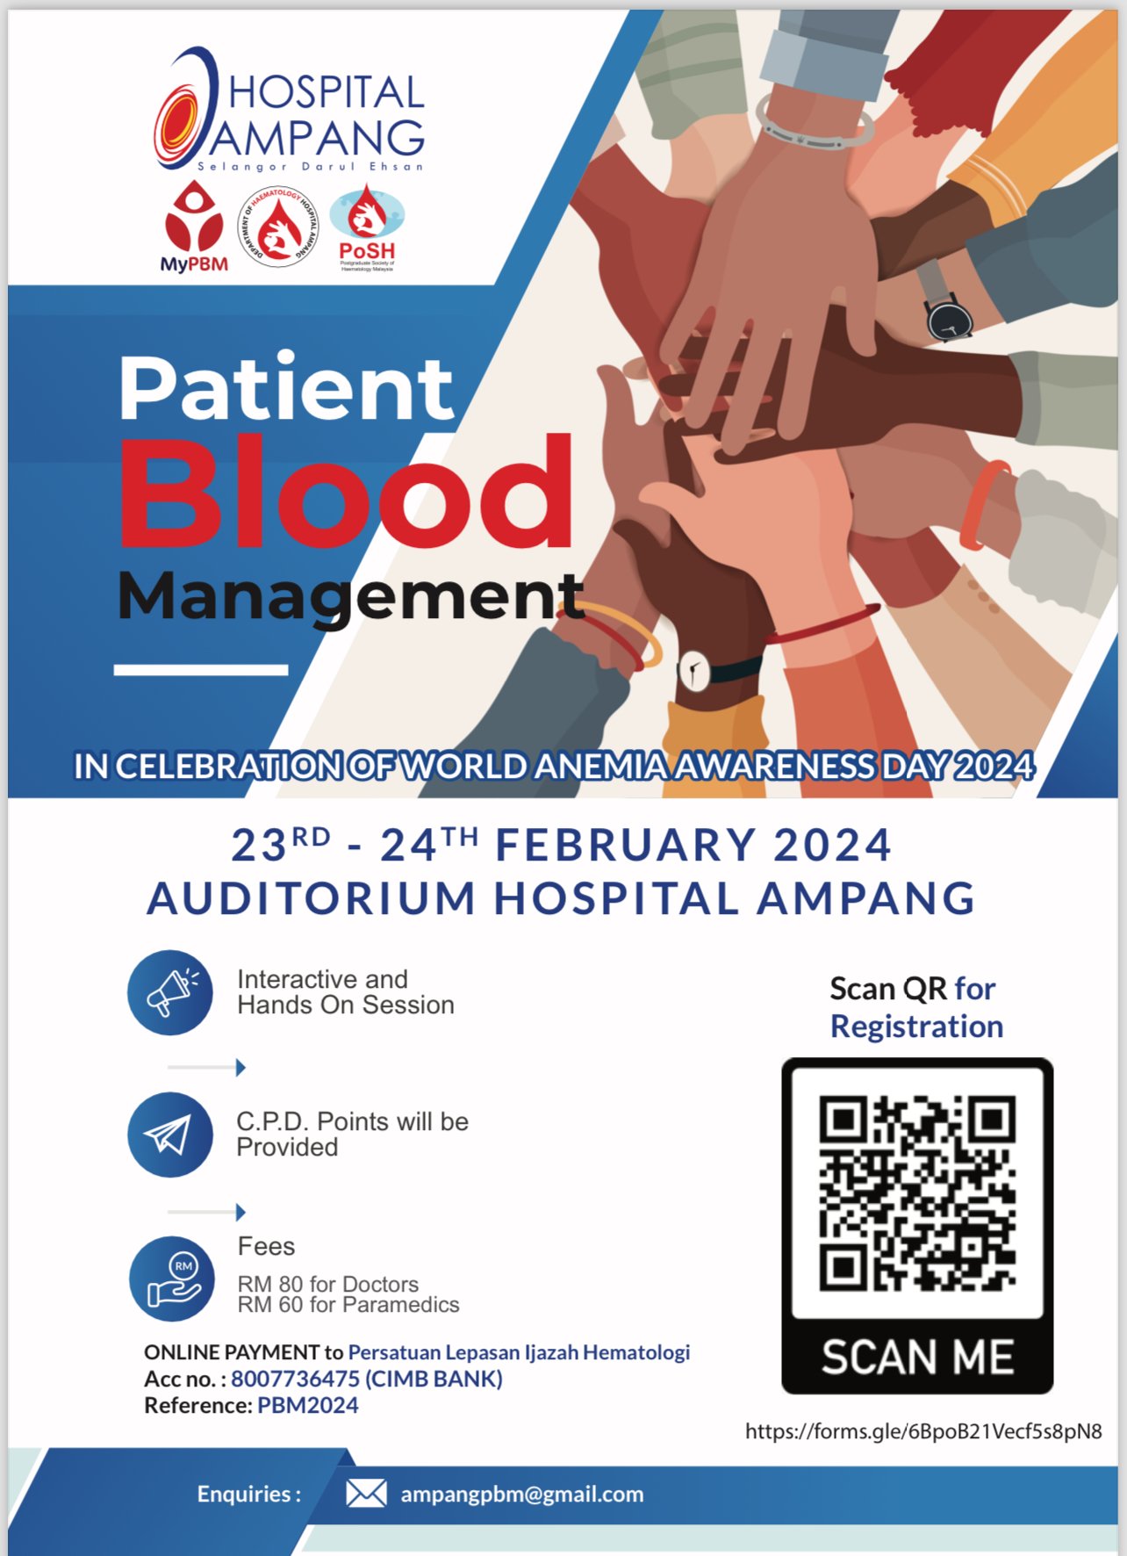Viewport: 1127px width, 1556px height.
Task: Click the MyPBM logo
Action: [x=194, y=226]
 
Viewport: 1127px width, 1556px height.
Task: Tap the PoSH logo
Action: [x=367, y=227]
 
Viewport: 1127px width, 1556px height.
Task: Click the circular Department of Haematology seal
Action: [x=278, y=226]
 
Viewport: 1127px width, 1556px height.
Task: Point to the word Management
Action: [x=350, y=596]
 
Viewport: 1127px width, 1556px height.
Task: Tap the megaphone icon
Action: [x=170, y=992]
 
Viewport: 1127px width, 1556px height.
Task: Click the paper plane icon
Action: [x=170, y=1135]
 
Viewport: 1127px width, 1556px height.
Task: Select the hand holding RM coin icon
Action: [x=172, y=1279]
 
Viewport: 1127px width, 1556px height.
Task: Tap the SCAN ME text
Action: [x=917, y=1358]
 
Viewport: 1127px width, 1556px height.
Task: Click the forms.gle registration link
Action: [x=923, y=1431]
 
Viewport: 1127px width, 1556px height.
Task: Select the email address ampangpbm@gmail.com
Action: [x=522, y=1494]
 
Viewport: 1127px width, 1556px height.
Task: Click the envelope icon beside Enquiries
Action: [x=366, y=1493]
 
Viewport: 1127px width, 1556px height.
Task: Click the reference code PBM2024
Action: [x=308, y=1405]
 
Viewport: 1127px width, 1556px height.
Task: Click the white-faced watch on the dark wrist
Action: [x=694, y=673]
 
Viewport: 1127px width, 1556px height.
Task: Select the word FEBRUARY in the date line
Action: [x=626, y=845]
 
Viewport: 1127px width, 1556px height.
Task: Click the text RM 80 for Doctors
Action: [x=327, y=1284]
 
